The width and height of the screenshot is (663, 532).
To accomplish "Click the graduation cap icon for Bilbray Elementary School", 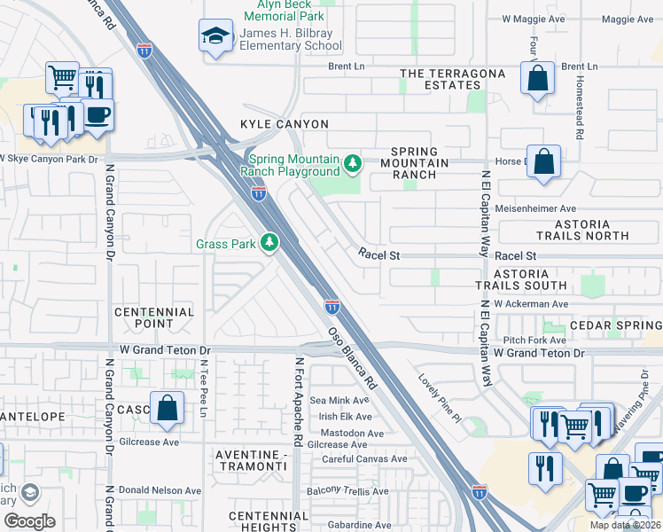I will click(214, 36).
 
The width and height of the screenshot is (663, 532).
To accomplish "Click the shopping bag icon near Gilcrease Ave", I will click(167, 408).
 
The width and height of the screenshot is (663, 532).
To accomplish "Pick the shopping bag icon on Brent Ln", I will click(537, 78).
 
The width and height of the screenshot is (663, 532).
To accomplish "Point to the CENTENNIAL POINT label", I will click(154, 318).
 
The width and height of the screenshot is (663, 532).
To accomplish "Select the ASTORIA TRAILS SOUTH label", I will click(520, 280).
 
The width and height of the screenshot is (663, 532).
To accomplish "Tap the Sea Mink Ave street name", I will click(339, 401).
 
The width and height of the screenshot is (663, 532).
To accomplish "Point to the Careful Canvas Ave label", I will click(364, 459).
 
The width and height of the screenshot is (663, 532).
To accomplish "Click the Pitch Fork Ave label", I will click(534, 340).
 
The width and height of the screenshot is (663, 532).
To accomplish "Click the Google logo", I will click(29, 520).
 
